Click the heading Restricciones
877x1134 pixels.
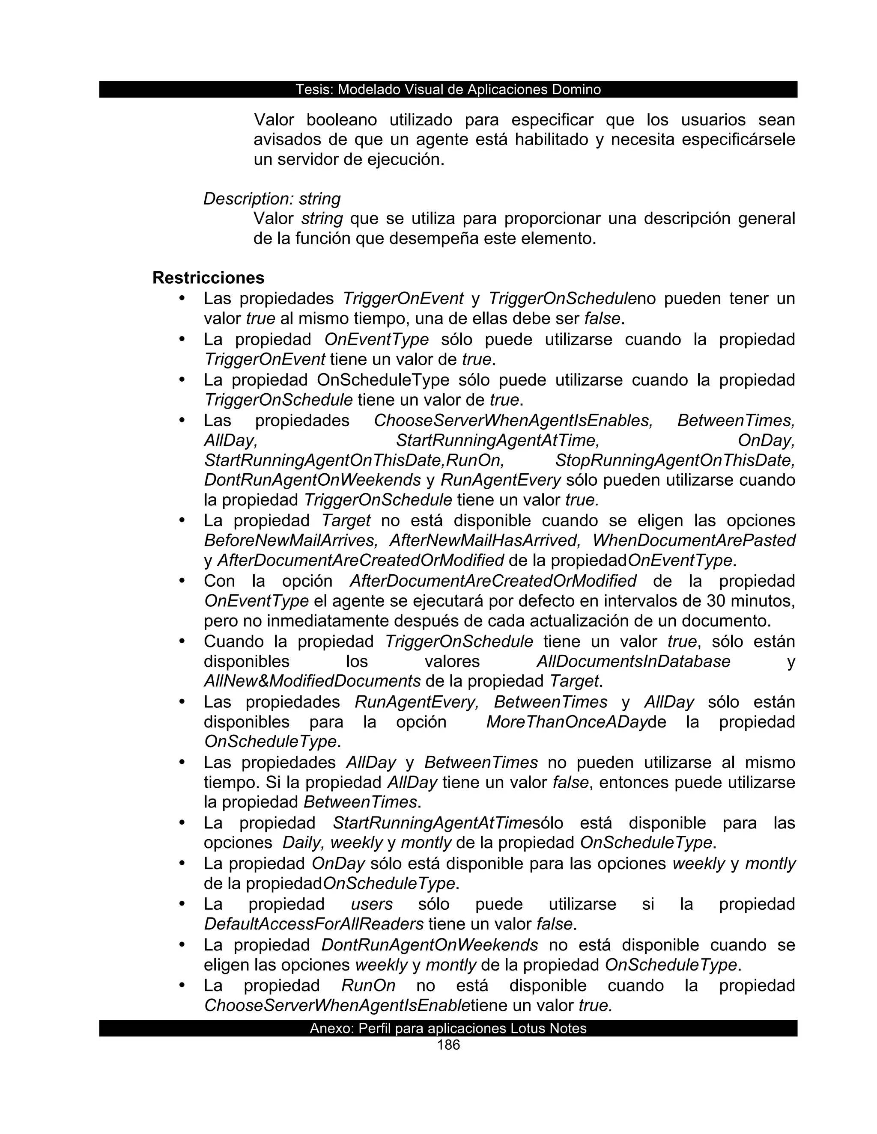(209, 278)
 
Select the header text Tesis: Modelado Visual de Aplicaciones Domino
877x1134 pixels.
(448, 90)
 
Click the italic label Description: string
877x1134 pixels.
(272, 199)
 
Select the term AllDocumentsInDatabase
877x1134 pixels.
(633, 662)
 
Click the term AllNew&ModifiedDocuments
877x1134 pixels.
(312, 681)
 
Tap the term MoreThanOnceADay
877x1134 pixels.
(566, 722)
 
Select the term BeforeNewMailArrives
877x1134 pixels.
(290, 540)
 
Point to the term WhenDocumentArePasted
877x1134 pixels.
(694, 540)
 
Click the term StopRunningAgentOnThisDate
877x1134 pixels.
(675, 460)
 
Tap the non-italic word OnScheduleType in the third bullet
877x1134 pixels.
(383, 380)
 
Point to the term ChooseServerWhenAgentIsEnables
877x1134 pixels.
(513, 421)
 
